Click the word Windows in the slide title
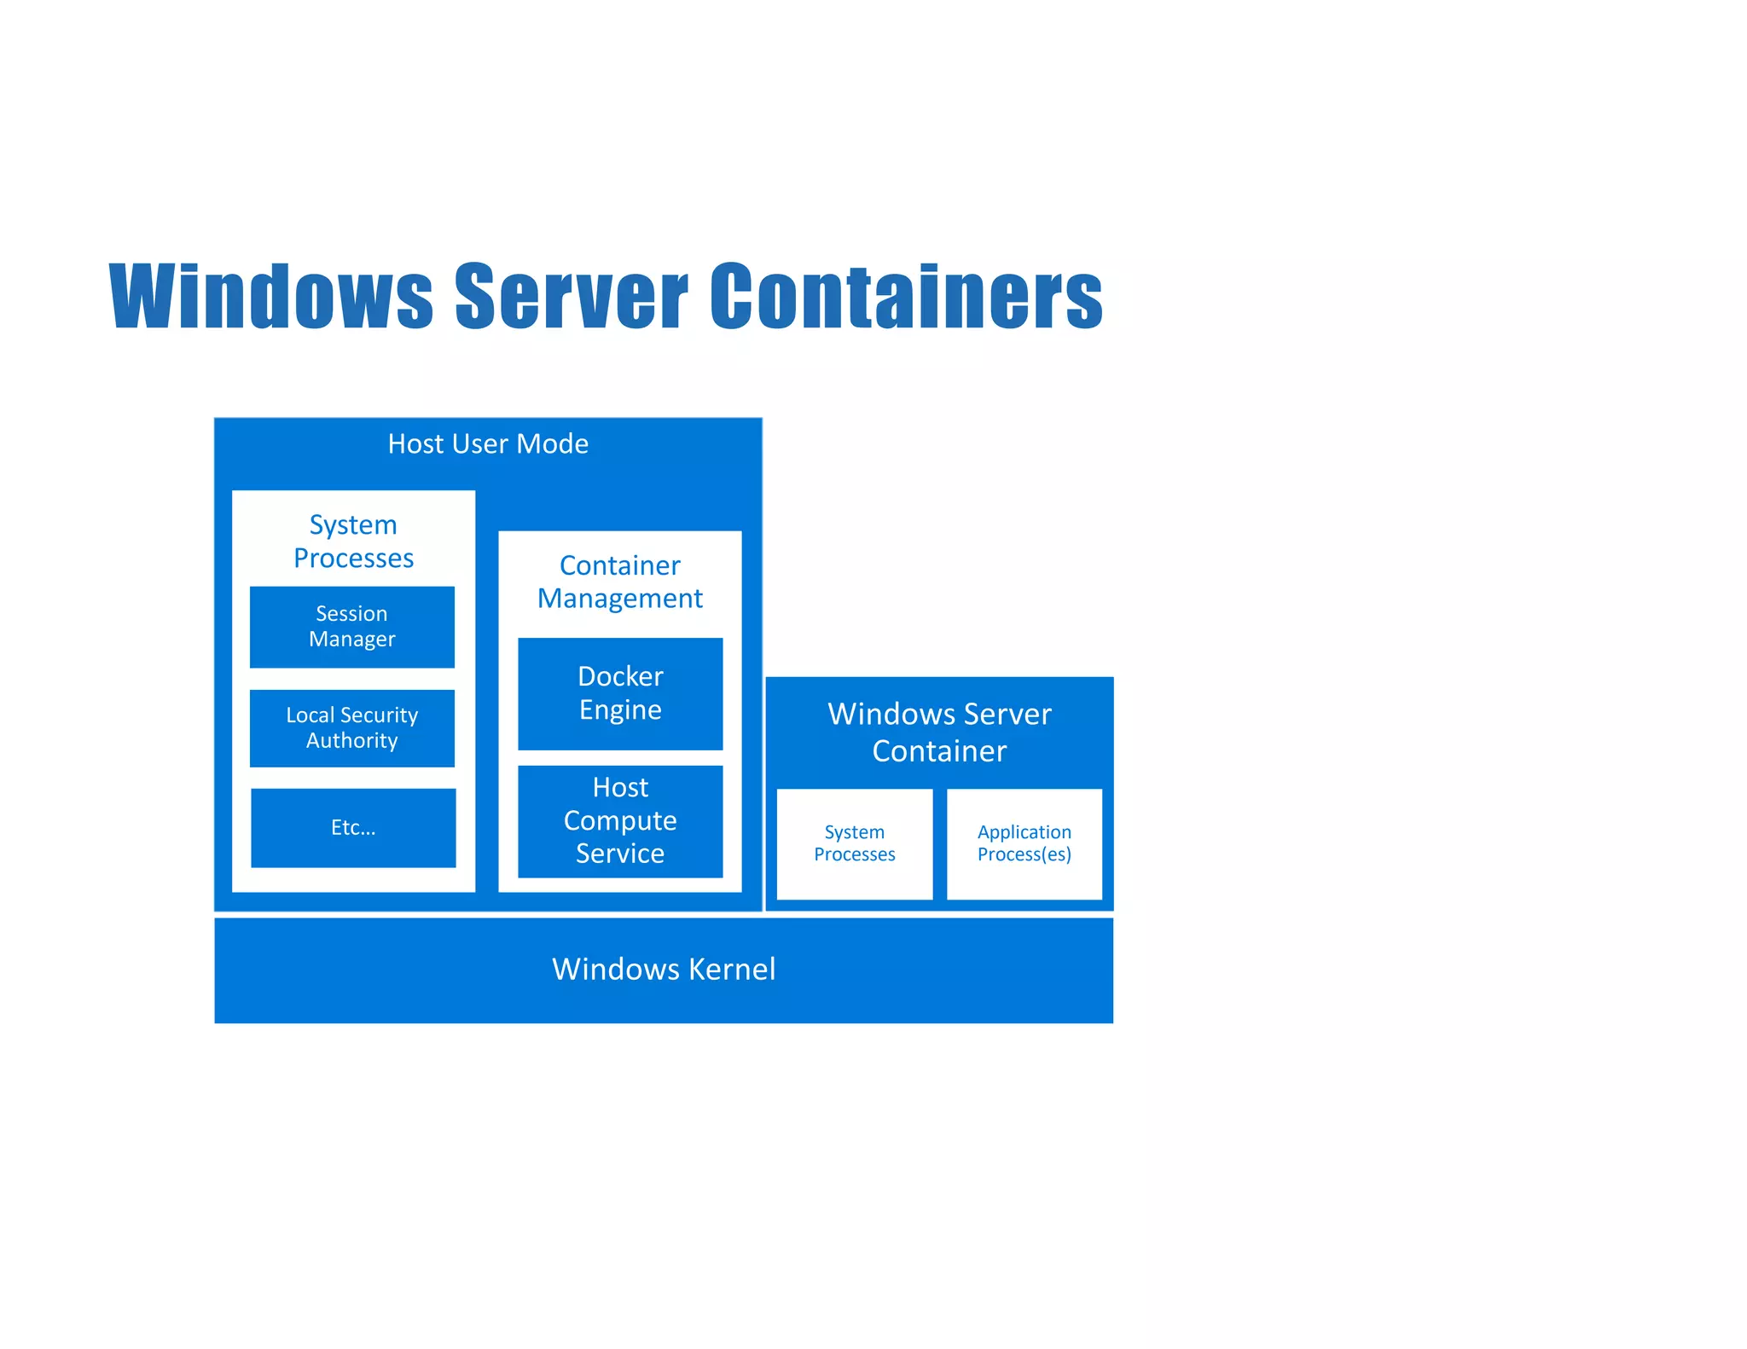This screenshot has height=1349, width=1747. tap(271, 296)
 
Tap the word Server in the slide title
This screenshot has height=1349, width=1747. tap(571, 296)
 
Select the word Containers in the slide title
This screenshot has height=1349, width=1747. tap(906, 296)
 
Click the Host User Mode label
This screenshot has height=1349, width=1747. tap(488, 444)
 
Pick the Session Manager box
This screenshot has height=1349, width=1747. tap(351, 627)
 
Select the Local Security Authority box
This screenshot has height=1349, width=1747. tap(351, 728)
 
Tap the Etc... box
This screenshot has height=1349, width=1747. tap(353, 828)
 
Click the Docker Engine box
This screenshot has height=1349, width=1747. tap(620, 693)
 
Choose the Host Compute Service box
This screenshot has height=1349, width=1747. tap(620, 821)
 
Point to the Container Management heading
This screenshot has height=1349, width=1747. tap(620, 582)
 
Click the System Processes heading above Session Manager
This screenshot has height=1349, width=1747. tap(353, 541)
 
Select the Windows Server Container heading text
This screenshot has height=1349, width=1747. tap(939, 732)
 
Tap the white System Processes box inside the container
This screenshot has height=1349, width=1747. tap(854, 843)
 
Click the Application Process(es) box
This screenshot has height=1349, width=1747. tap(1024, 843)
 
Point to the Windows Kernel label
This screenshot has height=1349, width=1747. tap(664, 970)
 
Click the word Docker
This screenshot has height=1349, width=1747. tap(620, 677)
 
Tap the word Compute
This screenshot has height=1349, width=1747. tap(620, 821)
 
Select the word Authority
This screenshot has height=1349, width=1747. tap(351, 741)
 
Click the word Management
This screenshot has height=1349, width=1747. tap(620, 599)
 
